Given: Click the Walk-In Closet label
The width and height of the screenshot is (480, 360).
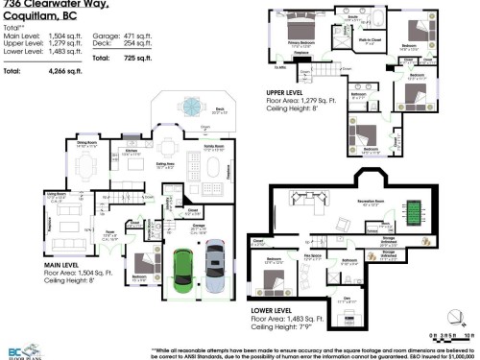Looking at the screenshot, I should click(x=371, y=40).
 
